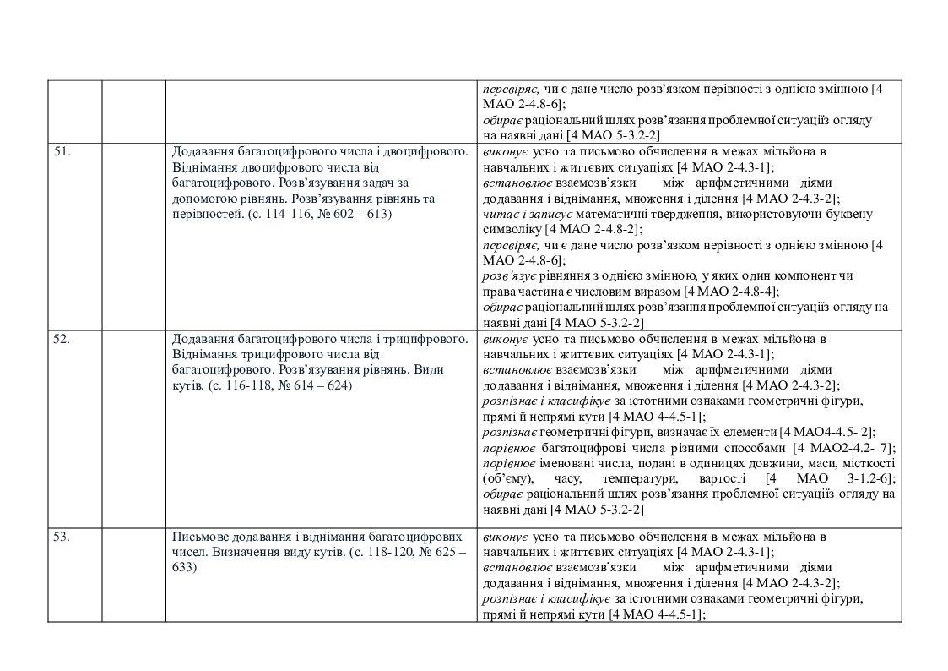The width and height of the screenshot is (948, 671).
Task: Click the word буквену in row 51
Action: pos(849,214)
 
